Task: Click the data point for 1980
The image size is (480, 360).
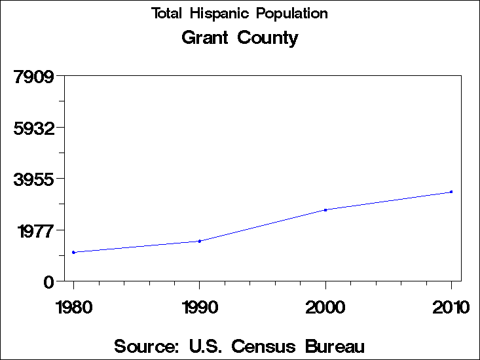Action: pyautogui.click(x=73, y=252)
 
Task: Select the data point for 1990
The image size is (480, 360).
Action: pyautogui.click(x=199, y=241)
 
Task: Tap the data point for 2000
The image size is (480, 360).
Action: pyautogui.click(x=325, y=210)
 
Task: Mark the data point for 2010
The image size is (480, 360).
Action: pyautogui.click(x=451, y=192)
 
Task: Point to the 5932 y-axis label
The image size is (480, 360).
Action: pyautogui.click(x=33, y=128)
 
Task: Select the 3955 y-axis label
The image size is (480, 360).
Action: pyautogui.click(x=33, y=179)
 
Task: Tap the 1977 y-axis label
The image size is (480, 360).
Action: pyautogui.click(x=33, y=230)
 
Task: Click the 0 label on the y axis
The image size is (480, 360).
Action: pyautogui.click(x=48, y=282)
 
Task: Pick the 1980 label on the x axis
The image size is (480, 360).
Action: pyautogui.click(x=73, y=307)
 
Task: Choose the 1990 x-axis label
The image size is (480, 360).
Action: pyautogui.click(x=199, y=307)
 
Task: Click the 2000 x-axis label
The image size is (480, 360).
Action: pyautogui.click(x=325, y=307)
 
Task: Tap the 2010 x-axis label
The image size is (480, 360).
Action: pyautogui.click(x=451, y=307)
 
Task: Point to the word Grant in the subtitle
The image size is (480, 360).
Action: pyautogui.click(x=205, y=38)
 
